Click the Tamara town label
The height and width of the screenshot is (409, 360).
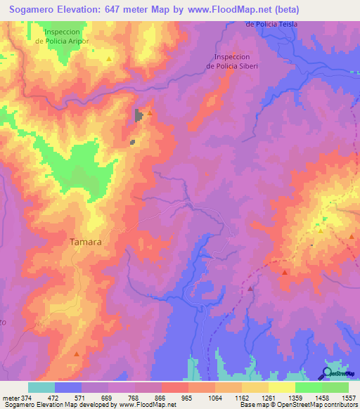pyautogui.click(x=85, y=242)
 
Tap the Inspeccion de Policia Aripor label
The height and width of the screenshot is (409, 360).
pyautogui.click(x=68, y=37)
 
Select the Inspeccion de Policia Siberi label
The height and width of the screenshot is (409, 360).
pyautogui.click(x=232, y=61)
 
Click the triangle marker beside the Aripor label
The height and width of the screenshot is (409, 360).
pyautogui.click(x=109, y=59)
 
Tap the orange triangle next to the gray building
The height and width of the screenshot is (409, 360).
pyautogui.click(x=149, y=113)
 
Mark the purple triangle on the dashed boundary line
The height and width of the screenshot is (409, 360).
pyautogui.click(x=250, y=287)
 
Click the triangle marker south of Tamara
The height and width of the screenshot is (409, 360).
pyautogui.click(x=77, y=356)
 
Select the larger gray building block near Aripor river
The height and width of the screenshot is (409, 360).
pyautogui.click(x=139, y=115)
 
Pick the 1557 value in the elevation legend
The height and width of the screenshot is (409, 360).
pyautogui.click(x=348, y=396)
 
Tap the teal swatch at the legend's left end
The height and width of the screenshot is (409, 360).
pyautogui.click(x=41, y=387)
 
